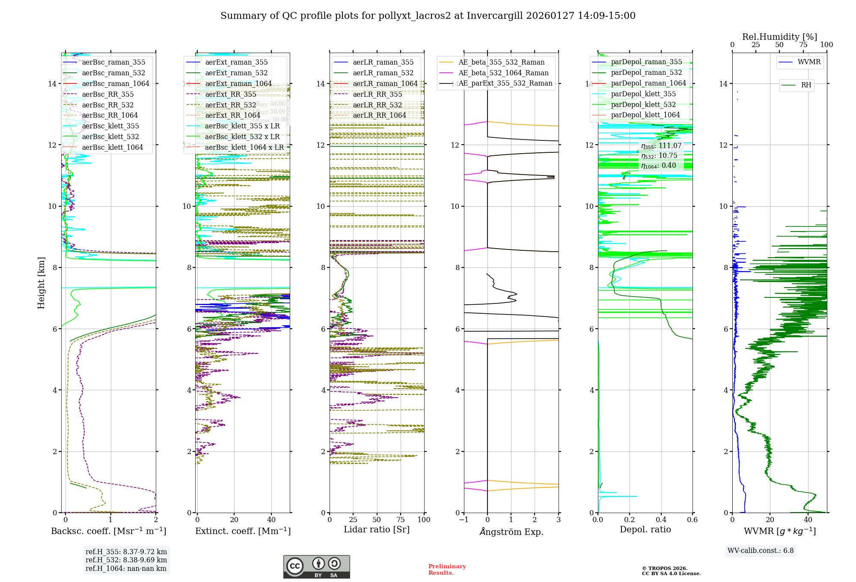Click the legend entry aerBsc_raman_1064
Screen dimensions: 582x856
coord(116,83)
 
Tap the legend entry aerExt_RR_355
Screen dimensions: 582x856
coord(230,94)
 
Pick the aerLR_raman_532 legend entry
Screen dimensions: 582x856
coord(383,73)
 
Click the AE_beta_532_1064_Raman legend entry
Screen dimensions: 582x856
coord(503,73)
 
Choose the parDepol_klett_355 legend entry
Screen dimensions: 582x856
coord(643,94)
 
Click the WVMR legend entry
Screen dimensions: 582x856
coord(809,62)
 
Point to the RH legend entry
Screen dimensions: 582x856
coord(806,85)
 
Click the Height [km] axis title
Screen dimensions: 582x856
coord(41,282)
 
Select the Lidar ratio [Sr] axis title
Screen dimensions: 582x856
coord(377,529)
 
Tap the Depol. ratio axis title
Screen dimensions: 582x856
coord(645,529)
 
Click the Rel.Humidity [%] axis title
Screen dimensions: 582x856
coord(779,37)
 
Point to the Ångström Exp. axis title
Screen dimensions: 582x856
coord(511,532)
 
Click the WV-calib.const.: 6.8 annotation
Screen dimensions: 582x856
coord(761,551)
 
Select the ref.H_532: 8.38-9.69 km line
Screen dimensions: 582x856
coord(126,560)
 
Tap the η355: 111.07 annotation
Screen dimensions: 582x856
coord(661,146)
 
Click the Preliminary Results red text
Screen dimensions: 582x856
coord(447,570)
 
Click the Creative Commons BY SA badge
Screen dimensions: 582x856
coord(316,567)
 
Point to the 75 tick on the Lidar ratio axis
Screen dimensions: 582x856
coord(401,520)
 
